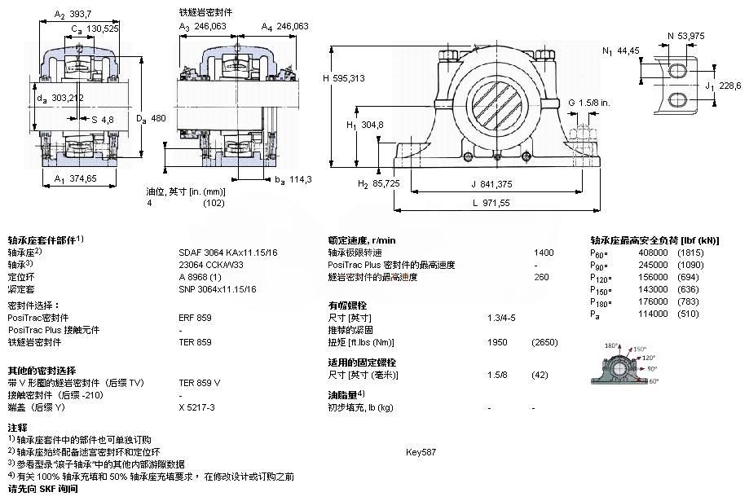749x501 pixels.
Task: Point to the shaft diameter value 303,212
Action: (67, 98)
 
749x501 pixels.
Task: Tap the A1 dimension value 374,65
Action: (83, 178)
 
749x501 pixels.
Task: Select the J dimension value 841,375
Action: (493, 183)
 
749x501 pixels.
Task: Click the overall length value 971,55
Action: (492, 202)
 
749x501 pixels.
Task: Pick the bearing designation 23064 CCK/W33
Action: (210, 265)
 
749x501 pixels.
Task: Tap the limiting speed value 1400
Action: (543, 253)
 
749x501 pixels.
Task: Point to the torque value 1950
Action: (497, 342)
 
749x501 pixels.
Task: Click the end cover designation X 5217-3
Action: (196, 407)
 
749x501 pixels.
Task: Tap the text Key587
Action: (421, 451)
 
